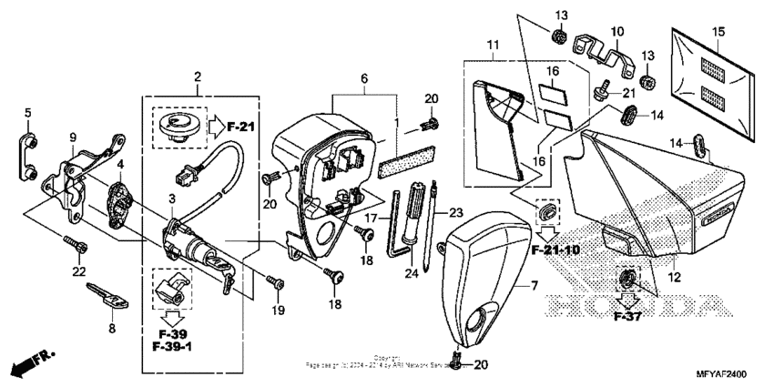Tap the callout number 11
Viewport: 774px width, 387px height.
(x=493, y=46)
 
